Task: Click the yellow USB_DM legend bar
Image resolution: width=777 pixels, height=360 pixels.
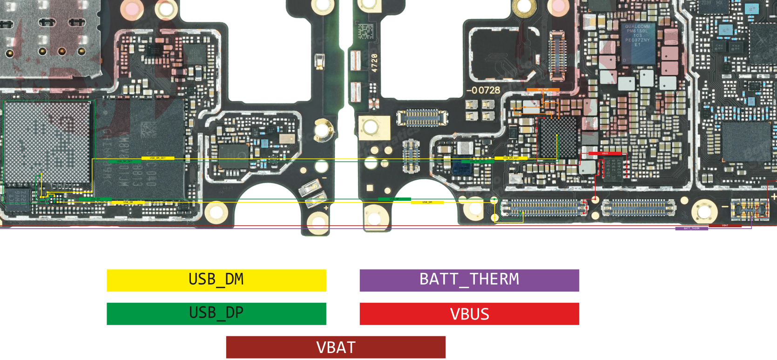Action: (x=216, y=280)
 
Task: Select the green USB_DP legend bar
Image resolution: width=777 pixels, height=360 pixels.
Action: (x=216, y=314)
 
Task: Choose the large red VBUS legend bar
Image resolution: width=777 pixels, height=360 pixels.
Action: (x=469, y=314)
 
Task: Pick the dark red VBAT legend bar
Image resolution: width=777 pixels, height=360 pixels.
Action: (x=336, y=347)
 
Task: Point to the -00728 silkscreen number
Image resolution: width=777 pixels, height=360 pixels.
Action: (x=483, y=90)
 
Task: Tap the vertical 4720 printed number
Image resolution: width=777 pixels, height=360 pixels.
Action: (x=374, y=62)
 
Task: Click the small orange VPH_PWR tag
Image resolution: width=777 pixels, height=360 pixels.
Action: (x=543, y=89)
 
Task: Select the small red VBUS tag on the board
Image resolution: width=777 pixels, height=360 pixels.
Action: (x=605, y=153)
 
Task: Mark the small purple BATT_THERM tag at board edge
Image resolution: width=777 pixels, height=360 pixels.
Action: (x=691, y=229)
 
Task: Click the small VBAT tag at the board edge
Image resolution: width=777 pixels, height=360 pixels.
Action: (x=725, y=225)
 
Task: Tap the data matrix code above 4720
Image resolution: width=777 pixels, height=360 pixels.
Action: (x=366, y=32)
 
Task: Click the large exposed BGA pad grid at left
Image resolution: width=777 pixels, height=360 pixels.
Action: (x=47, y=142)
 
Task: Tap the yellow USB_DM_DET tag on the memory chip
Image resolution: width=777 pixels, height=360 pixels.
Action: (x=158, y=158)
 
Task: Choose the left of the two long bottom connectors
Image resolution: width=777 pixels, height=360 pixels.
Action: (x=543, y=208)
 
